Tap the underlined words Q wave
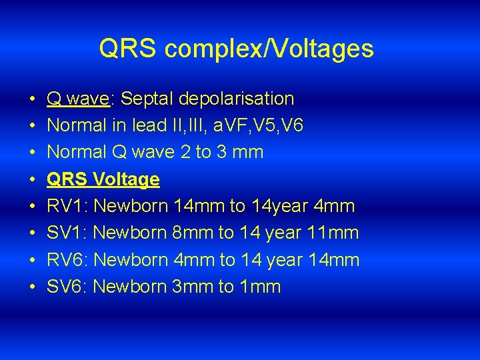(x=78, y=99)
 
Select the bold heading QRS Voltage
(x=103, y=179)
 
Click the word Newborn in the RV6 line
(x=130, y=260)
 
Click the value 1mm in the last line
(x=260, y=287)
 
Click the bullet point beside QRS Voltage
(x=33, y=179)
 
